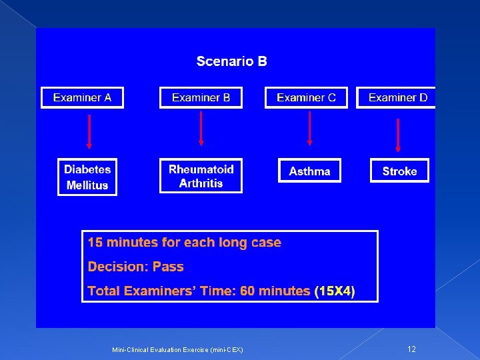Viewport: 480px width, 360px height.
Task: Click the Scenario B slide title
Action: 231,61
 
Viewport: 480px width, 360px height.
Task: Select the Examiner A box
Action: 82,97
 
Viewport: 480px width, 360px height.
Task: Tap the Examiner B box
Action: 201,97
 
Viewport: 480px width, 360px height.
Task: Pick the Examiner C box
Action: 306,97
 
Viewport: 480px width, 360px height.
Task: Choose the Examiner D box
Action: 397,97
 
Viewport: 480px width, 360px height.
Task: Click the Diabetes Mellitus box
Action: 87,177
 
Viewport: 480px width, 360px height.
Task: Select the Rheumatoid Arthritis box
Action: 201,176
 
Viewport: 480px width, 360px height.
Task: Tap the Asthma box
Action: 309,171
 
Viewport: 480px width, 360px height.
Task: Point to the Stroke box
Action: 399,171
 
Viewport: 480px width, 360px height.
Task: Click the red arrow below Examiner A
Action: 89,131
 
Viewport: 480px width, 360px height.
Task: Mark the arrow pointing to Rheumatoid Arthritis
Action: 201,129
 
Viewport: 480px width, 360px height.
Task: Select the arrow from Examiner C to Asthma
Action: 309,128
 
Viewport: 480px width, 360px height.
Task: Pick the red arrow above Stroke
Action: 398,135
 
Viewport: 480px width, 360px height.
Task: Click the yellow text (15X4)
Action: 335,291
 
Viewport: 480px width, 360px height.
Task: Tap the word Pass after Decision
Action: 168,267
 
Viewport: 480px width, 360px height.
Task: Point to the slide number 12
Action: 411,349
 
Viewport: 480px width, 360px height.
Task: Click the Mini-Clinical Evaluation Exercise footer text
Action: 177,350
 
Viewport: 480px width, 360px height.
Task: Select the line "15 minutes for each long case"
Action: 185,243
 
